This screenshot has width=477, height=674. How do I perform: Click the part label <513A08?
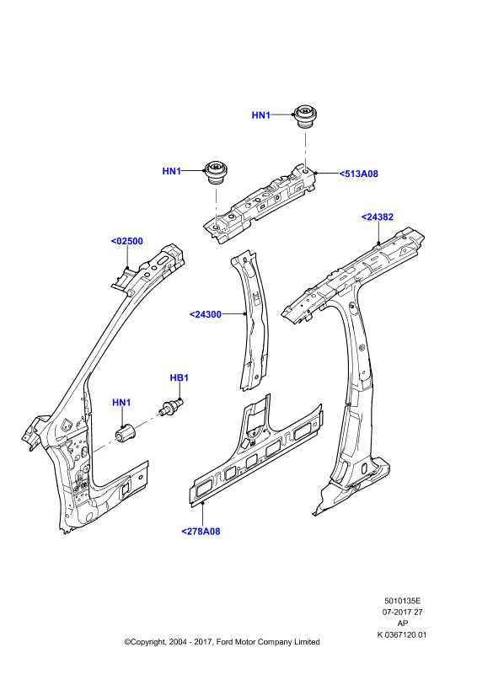[x=358, y=174]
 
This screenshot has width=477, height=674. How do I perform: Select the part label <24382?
[x=378, y=217]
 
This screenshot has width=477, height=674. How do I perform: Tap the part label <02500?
[x=127, y=241]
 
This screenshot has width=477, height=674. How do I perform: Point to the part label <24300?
[x=205, y=314]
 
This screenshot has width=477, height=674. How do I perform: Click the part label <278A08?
[x=201, y=532]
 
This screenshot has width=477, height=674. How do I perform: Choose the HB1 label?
[x=179, y=377]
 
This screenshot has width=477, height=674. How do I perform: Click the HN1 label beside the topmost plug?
[x=260, y=115]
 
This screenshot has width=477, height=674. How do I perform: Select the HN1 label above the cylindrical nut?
[x=121, y=403]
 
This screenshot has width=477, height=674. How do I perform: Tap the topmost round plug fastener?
[x=305, y=115]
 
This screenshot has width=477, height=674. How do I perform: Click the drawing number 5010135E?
[x=402, y=601]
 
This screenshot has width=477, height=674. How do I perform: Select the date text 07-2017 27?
[x=403, y=612]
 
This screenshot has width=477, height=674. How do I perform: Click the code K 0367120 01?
[x=402, y=634]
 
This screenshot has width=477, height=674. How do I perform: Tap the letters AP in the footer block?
[x=403, y=623]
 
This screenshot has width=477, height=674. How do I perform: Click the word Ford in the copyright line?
[x=224, y=642]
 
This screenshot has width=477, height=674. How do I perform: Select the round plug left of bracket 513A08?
[x=217, y=172]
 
